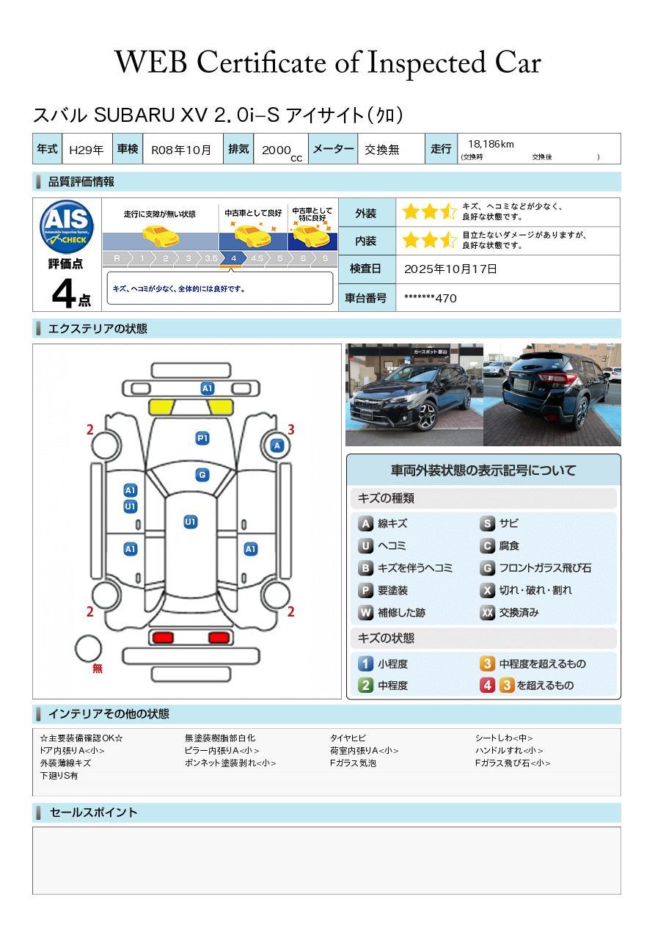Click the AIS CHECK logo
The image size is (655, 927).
click(67, 227)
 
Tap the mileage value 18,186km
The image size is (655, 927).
click(491, 144)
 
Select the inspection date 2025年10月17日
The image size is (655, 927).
click(450, 269)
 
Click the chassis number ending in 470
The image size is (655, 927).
click(430, 298)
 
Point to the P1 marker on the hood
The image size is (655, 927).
click(202, 438)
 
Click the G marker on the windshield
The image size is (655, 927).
click(202, 475)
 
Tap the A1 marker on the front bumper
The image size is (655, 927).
click(207, 388)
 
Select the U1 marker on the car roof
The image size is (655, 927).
click(190, 521)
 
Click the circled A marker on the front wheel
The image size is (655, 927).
click(277, 446)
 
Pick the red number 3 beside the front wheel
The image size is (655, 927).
click(291, 429)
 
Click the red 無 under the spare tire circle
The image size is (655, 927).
click(98, 667)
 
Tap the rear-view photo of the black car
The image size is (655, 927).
click(552, 394)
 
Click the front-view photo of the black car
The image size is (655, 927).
click(414, 394)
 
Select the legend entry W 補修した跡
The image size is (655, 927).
click(392, 612)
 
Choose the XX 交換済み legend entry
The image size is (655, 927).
click(509, 612)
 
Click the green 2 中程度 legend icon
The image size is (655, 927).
click(365, 685)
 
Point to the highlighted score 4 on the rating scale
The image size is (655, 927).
click(233, 258)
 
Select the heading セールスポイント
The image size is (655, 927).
click(93, 813)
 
